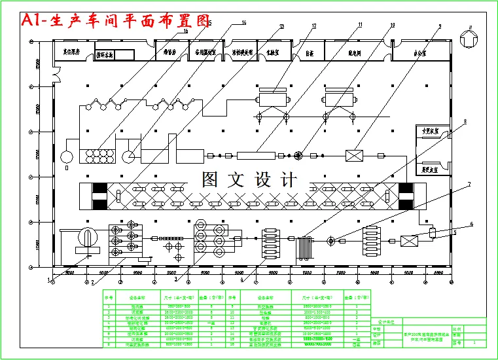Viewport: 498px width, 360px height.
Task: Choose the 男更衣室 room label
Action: point(430,168)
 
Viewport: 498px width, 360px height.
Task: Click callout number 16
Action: point(186,31)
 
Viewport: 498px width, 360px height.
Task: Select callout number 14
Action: point(243,23)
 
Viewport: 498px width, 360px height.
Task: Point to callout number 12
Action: point(314,26)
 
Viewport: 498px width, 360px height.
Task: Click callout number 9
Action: point(440,26)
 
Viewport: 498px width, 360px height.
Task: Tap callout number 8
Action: point(465,122)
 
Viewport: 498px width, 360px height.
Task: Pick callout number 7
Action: point(469,185)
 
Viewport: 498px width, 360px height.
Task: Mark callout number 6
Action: point(471,224)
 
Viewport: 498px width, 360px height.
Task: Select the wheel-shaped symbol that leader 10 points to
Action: point(299,156)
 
